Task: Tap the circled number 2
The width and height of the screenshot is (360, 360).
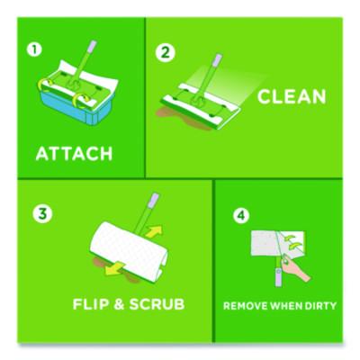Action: click(x=164, y=51)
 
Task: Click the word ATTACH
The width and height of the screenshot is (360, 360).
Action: click(x=74, y=152)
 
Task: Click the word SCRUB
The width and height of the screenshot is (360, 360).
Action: click(x=158, y=303)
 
